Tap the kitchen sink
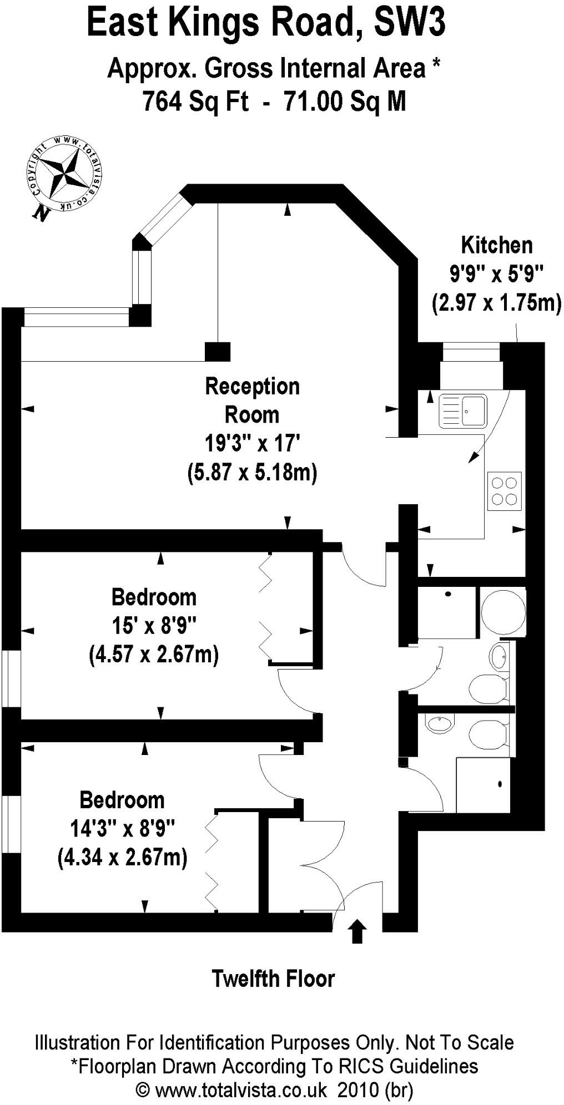[462, 410]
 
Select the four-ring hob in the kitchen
[505, 491]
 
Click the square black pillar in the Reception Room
[218, 352]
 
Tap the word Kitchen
[497, 245]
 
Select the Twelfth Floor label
[273, 979]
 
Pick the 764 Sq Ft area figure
[195, 102]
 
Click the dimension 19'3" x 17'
[253, 444]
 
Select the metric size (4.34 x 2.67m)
[122, 858]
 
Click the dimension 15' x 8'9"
[154, 626]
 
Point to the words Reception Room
[253, 401]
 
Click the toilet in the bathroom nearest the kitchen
[487, 688]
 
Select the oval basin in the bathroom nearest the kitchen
[498, 656]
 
